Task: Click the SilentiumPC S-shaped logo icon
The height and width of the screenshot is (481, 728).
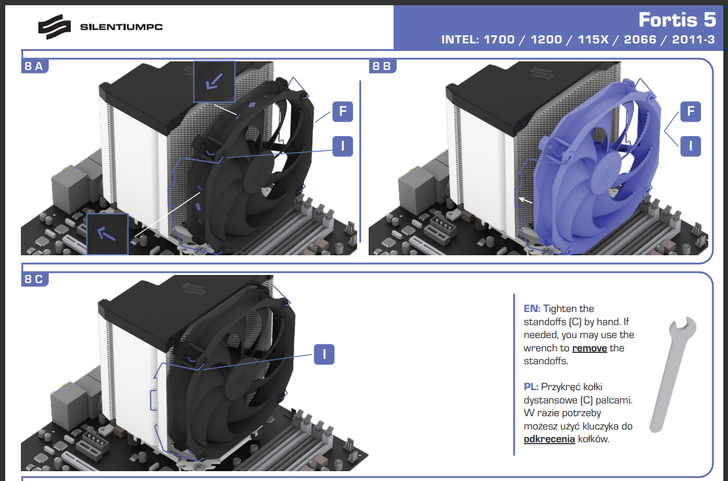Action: click(x=54, y=27)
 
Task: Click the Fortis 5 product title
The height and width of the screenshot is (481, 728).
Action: click(x=677, y=20)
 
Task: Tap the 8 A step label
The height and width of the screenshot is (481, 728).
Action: click(x=34, y=66)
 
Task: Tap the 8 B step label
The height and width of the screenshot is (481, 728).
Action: click(x=382, y=66)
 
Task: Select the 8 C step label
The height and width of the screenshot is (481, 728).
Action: click(x=34, y=279)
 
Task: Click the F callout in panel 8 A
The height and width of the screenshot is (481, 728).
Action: click(x=343, y=112)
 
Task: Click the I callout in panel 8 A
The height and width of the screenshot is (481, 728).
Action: click(x=343, y=146)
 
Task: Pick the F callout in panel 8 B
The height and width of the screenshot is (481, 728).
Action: click(x=691, y=112)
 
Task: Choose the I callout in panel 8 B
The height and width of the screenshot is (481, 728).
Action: click(x=691, y=146)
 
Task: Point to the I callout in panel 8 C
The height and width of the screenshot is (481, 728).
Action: click(x=324, y=354)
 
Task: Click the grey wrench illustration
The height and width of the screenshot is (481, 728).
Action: click(x=673, y=374)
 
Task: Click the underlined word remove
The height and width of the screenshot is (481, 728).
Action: click(x=589, y=348)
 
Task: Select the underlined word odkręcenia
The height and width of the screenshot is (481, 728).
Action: click(x=549, y=439)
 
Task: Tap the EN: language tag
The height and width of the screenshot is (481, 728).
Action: click(x=532, y=309)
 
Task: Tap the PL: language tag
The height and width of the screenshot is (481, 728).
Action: click(x=531, y=387)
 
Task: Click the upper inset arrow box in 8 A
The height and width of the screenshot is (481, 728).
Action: click(x=214, y=82)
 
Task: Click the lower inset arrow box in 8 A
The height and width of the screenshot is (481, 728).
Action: click(x=108, y=234)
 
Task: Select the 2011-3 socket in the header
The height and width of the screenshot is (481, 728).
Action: click(x=693, y=39)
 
